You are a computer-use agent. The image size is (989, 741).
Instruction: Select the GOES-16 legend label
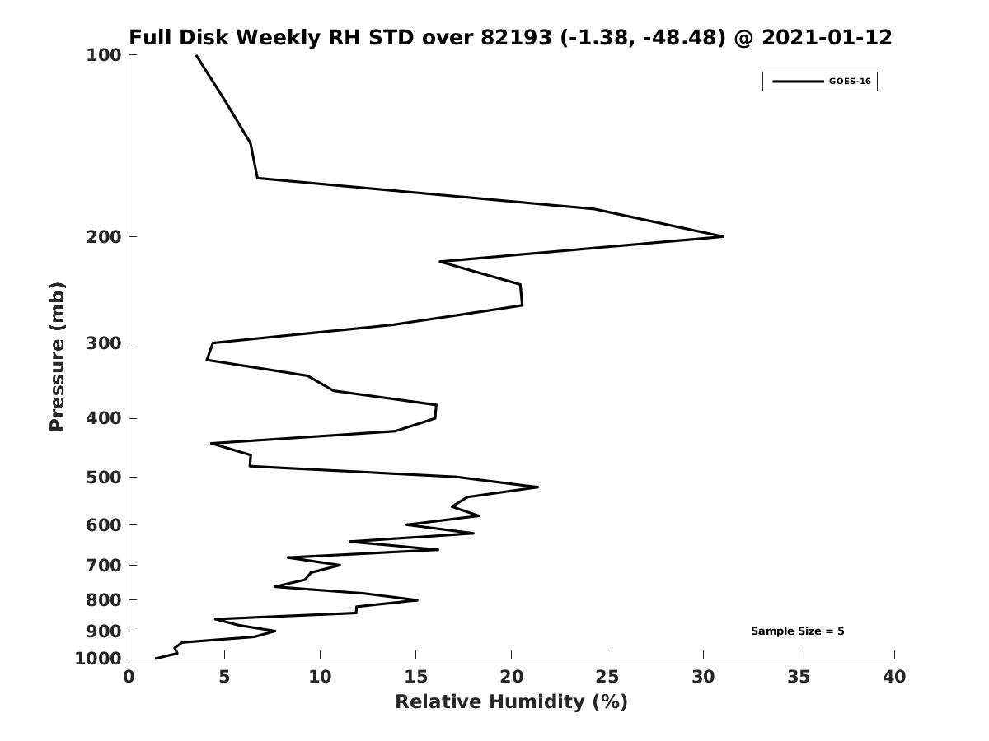[x=850, y=82]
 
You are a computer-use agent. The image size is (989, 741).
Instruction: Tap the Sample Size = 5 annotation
[x=797, y=631]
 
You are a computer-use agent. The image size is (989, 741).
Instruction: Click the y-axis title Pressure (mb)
[x=57, y=357]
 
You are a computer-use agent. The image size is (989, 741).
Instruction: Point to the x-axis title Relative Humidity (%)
[x=511, y=702]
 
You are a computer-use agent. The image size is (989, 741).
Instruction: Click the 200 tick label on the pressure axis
[x=105, y=237]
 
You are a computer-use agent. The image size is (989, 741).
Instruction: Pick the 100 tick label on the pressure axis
[x=105, y=55]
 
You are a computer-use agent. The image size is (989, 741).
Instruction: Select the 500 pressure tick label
[x=105, y=478]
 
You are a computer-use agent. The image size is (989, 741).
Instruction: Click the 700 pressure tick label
[x=105, y=566]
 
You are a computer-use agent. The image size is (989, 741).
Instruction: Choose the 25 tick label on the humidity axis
[x=607, y=678]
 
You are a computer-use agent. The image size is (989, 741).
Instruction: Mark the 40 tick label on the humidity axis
[x=894, y=678]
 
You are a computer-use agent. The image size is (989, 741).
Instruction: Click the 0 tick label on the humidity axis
[x=129, y=678]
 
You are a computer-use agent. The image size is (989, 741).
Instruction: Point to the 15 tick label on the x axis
[x=416, y=678]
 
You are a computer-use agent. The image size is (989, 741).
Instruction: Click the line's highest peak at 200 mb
[x=723, y=236]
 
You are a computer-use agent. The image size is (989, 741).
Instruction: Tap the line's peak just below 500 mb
[x=537, y=487]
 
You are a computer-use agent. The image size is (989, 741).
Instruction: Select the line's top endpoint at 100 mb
[x=196, y=55]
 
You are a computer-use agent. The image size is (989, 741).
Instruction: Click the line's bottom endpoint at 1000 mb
[x=156, y=658]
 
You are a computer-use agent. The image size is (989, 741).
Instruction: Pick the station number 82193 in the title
[x=517, y=38]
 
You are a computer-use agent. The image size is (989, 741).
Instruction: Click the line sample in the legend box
[x=798, y=82]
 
